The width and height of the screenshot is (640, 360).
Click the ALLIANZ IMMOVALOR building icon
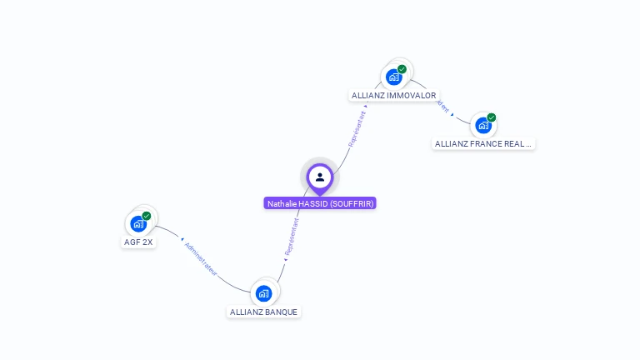[394, 77]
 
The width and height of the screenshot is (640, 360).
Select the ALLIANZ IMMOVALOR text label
[394, 96]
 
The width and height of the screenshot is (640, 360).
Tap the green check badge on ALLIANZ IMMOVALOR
[402, 69]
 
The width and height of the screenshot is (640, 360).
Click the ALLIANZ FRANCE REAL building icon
[483, 126]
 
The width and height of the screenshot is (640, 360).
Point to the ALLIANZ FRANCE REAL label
[483, 143]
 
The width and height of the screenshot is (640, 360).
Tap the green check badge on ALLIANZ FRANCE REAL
[492, 117]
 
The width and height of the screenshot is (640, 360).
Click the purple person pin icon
[320, 177]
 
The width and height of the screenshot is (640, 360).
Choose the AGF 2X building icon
[138, 223]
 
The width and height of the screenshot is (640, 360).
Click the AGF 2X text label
[138, 242]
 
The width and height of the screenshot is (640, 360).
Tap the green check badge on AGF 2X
[147, 216]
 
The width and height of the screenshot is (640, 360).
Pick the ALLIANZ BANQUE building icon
[264, 293]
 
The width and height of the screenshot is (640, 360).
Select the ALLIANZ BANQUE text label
[264, 312]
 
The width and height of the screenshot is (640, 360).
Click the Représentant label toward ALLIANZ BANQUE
[291, 237]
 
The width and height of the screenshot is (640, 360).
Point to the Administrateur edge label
[201, 257]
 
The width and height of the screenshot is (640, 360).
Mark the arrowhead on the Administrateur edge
[182, 239]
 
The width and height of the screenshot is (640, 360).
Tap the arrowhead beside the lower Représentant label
[285, 259]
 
